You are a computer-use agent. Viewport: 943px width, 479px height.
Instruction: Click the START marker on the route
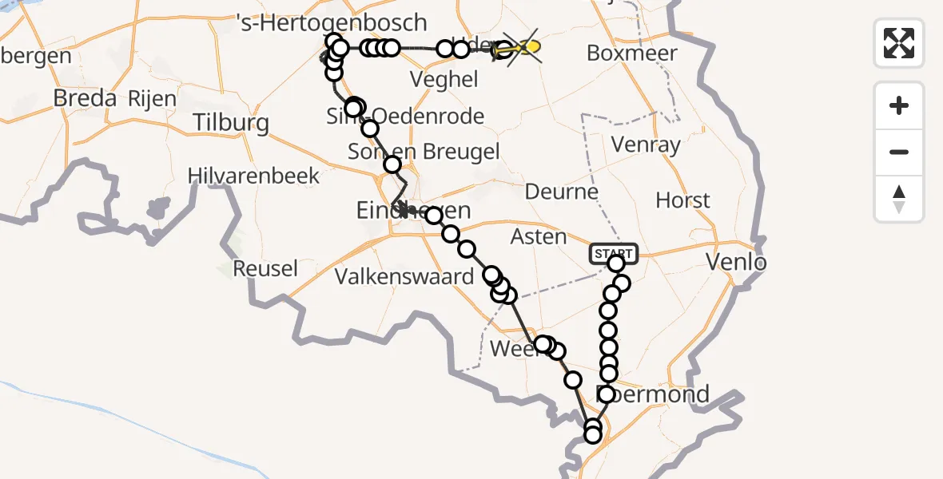tap(614, 254)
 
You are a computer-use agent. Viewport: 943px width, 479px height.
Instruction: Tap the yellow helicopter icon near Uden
tap(517, 49)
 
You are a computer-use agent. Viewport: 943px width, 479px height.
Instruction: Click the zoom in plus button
tap(899, 105)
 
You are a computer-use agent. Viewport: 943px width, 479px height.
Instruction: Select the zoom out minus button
tap(899, 152)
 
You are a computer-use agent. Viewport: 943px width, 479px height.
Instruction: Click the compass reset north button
tap(899, 199)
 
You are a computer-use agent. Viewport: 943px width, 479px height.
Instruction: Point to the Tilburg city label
tap(231, 123)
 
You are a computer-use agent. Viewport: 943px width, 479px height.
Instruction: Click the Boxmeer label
tap(631, 53)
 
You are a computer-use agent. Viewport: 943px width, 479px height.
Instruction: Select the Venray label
tap(645, 145)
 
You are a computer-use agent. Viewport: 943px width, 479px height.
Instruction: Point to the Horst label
tap(682, 200)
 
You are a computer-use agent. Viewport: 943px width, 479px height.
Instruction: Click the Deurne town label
tap(562, 192)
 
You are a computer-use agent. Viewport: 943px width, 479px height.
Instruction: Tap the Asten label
tap(539, 237)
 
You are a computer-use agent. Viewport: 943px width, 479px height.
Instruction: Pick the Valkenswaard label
tap(404, 277)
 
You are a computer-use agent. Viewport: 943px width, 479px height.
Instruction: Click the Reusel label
tap(265, 268)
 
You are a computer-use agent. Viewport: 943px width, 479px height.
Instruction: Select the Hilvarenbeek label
tap(254, 176)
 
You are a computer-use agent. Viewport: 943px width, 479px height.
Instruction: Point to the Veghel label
tap(444, 79)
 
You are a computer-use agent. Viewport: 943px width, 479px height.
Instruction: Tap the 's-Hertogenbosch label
tap(333, 22)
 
